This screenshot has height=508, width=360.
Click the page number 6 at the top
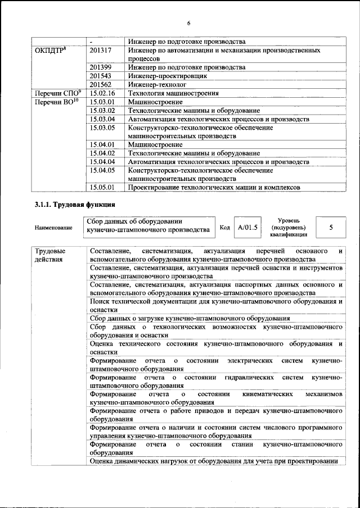[x=189, y=23]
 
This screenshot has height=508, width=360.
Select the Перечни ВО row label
[x=57, y=102]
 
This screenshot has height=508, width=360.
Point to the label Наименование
[x=53, y=228]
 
